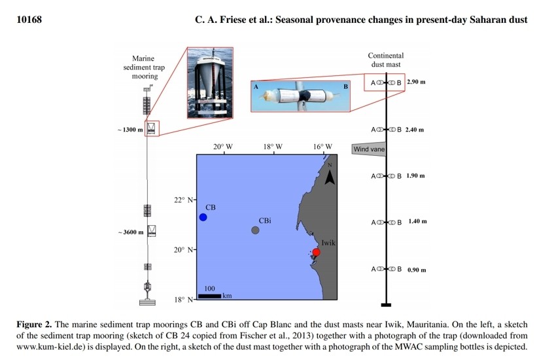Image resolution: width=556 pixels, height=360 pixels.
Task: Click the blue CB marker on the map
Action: (x=203, y=217)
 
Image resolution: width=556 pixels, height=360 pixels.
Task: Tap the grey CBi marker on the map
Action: (x=255, y=230)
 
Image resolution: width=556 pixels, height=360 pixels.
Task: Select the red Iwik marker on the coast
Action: (x=316, y=252)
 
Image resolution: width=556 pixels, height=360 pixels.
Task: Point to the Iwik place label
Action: (x=328, y=242)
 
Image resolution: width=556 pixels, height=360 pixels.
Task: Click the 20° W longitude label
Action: (x=222, y=147)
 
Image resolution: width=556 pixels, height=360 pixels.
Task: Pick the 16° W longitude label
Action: (x=322, y=147)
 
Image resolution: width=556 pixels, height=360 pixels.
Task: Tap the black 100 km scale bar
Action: (x=209, y=296)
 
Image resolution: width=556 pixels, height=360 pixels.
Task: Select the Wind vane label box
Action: (x=369, y=149)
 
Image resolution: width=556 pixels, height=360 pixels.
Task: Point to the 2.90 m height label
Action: (x=416, y=82)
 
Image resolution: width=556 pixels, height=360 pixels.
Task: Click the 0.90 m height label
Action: (x=417, y=270)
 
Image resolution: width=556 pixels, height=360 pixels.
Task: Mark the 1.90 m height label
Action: (x=415, y=176)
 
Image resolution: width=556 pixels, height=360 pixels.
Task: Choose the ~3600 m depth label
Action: (x=130, y=232)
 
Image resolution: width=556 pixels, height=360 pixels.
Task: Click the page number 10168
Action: (x=28, y=20)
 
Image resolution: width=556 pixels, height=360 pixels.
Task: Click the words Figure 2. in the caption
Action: (x=34, y=325)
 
